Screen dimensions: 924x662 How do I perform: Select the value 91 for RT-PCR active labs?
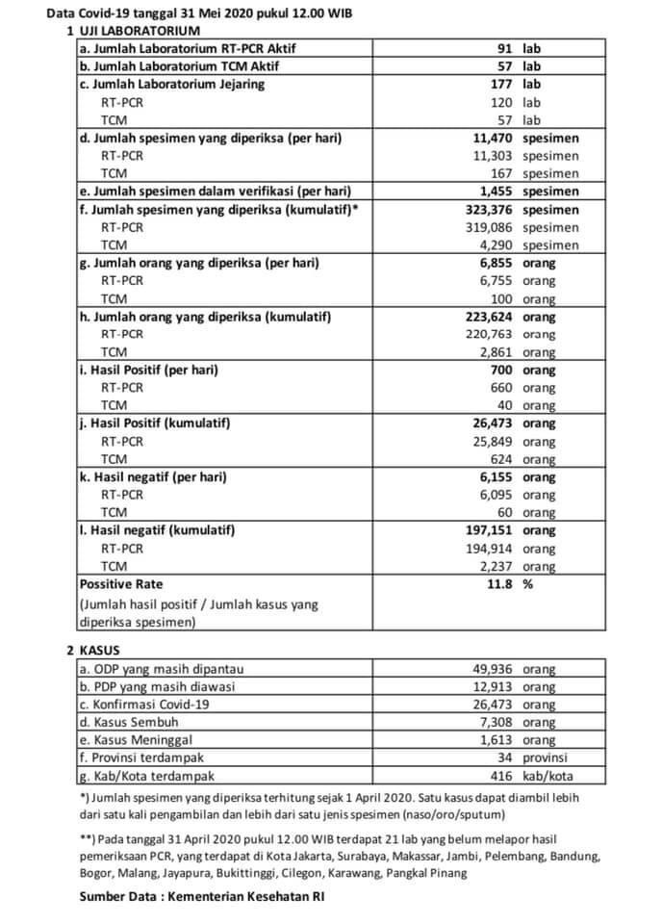pos(502,47)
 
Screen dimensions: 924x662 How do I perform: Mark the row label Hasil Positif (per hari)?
pos(148,371)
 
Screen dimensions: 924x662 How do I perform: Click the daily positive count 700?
pos(498,371)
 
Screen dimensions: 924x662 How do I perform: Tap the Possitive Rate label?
pos(121,584)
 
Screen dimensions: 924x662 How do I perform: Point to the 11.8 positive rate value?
pos(498,584)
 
